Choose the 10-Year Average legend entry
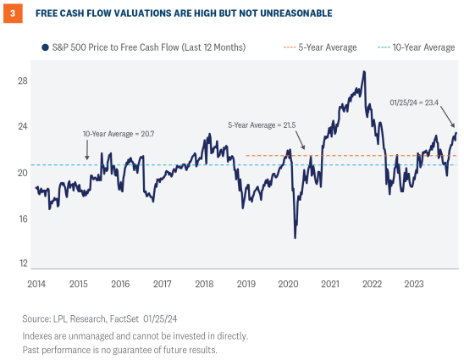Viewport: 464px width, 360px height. tap(428, 47)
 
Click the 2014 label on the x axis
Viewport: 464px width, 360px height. tap(36, 284)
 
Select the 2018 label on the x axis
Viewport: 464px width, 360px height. tap(203, 284)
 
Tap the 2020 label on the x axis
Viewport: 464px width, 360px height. tap(287, 284)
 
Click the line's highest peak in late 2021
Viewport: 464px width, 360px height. tap(363, 72)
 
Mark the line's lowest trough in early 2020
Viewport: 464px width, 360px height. tap(295, 238)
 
